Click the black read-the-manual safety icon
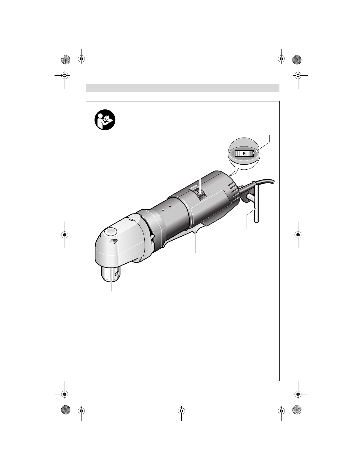click(105, 120)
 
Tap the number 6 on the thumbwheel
click(244, 154)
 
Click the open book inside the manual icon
click(107, 119)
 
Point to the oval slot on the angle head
click(114, 241)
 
